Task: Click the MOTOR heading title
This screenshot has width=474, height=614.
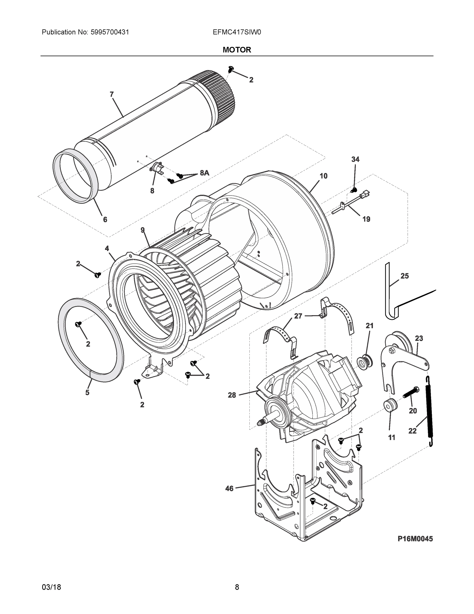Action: click(x=237, y=50)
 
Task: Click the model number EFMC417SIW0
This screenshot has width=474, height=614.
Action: click(x=237, y=32)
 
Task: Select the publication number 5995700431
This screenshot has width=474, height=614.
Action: click(x=110, y=32)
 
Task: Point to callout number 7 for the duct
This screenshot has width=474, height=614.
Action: click(x=111, y=94)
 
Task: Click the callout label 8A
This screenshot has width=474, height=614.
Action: click(x=204, y=173)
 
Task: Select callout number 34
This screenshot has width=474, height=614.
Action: click(x=355, y=159)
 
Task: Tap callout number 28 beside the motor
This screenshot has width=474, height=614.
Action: click(x=232, y=395)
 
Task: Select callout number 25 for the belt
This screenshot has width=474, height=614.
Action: click(x=404, y=276)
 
